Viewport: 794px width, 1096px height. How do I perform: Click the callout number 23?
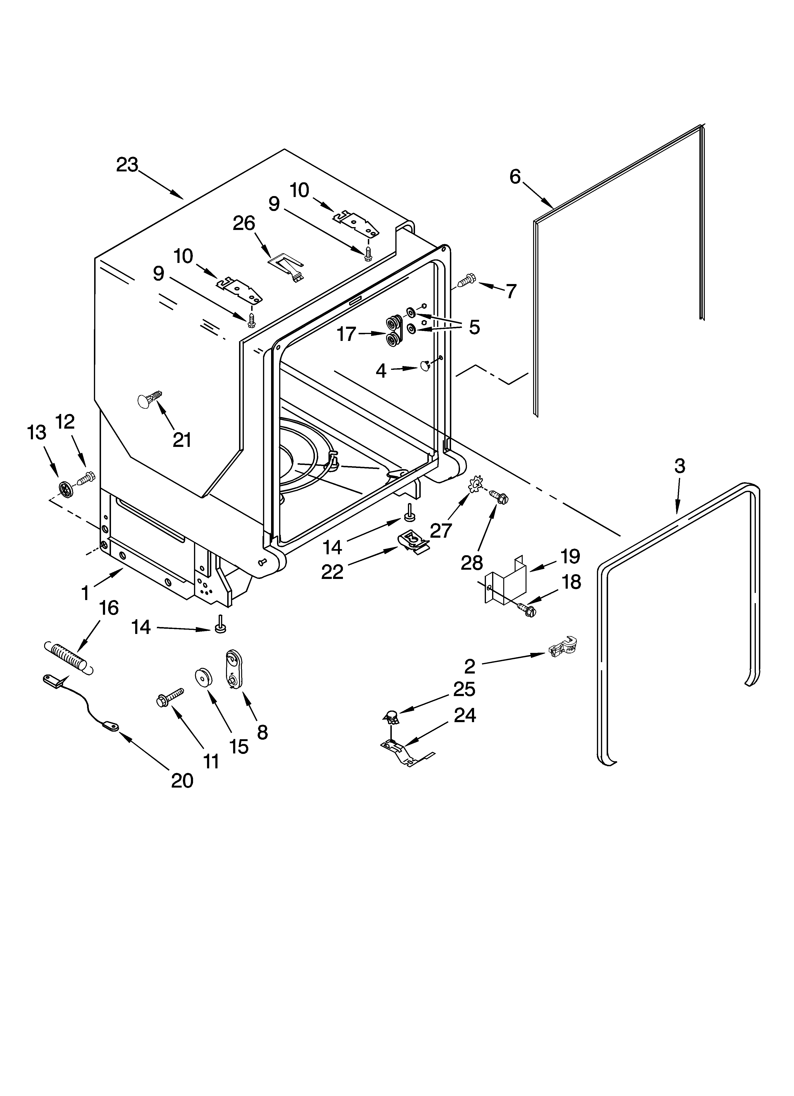(x=127, y=165)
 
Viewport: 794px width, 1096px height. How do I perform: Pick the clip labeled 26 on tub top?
(x=285, y=266)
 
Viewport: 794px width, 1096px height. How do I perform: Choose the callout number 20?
(x=182, y=780)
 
